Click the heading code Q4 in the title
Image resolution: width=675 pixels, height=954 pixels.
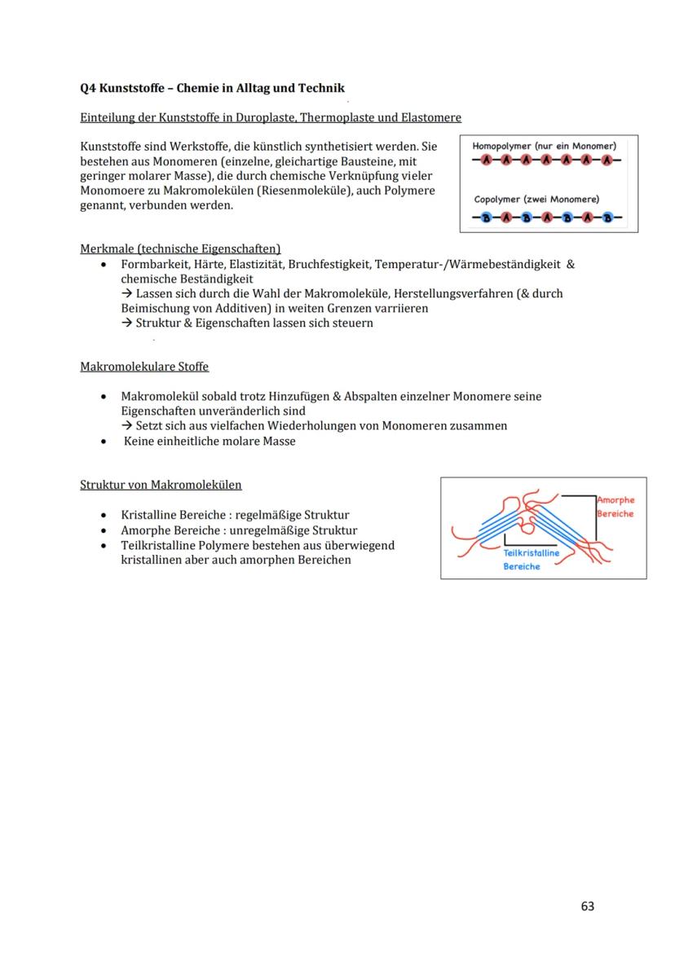pos(89,88)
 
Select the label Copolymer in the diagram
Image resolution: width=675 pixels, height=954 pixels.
pos(499,199)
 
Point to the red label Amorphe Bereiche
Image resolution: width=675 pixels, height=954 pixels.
pos(615,507)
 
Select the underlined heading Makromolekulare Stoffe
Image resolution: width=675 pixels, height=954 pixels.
pos(144,367)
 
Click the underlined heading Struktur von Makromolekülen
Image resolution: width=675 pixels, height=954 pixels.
pos(161,485)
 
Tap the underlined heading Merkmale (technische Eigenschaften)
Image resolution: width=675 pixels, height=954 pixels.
pos(180,248)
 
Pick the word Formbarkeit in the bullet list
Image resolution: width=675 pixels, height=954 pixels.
pos(150,265)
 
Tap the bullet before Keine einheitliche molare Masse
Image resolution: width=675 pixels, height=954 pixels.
pos(102,442)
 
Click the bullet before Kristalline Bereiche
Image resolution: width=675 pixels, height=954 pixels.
pos(102,516)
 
